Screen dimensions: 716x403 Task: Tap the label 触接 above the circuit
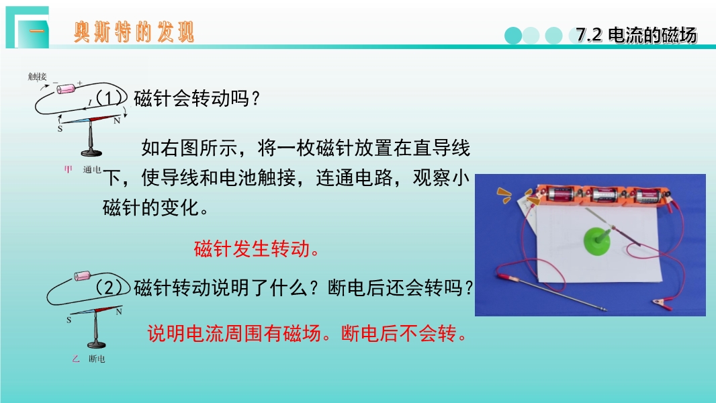pos(37,77)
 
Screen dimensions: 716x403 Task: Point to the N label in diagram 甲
pos(117,121)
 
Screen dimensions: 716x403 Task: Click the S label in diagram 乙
pos(69,320)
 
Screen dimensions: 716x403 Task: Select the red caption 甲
pos(68,170)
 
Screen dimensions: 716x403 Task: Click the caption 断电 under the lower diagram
pos(97,359)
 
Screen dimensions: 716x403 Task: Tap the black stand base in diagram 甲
pos(91,152)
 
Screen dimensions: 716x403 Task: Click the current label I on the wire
pos(90,103)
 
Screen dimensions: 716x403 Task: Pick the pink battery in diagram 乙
pos(82,275)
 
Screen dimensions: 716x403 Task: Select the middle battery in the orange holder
pos(605,195)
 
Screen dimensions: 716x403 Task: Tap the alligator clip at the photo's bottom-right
pos(662,303)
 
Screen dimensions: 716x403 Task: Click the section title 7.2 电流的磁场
pos(636,35)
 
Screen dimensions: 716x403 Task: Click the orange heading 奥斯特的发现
pos(134,32)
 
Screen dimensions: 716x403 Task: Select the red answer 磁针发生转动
pos(257,249)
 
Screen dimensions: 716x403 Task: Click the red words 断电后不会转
pos(404,334)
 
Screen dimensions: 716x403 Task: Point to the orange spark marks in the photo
pos(505,195)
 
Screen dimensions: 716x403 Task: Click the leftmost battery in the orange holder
pos(562,194)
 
